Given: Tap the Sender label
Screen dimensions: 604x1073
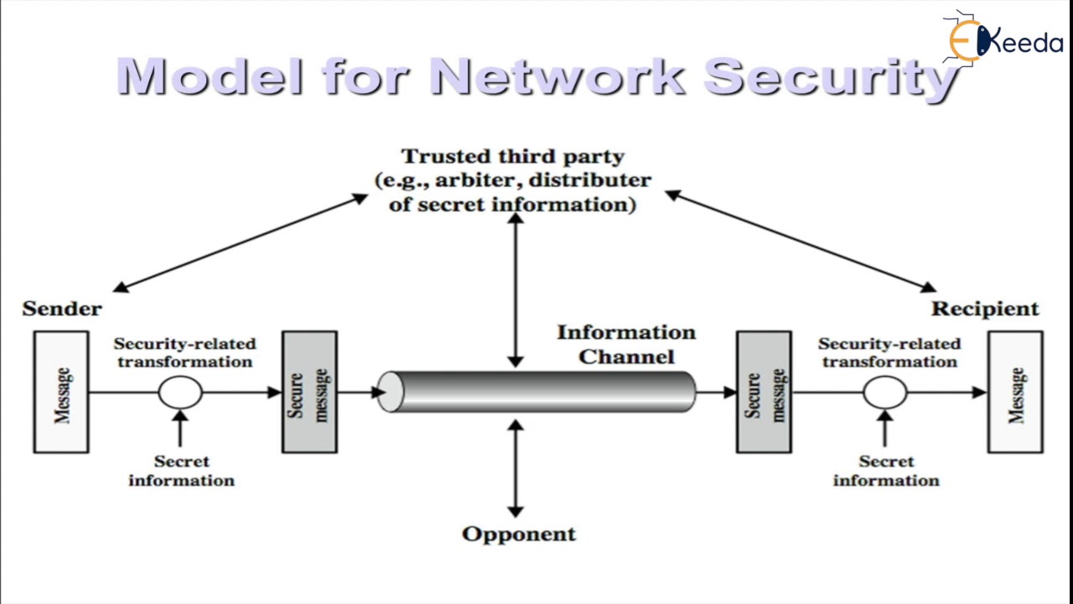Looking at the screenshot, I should pos(62,309).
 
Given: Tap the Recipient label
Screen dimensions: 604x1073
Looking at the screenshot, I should pos(985,309).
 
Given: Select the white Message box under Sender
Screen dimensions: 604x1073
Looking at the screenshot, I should pos(61,393).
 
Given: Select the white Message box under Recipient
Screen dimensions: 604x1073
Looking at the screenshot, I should pos(1015,393).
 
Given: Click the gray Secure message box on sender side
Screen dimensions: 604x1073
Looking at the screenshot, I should pos(309,393).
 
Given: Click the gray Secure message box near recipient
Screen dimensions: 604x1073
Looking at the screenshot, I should pos(764,393).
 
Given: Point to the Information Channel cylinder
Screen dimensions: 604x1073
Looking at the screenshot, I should pos(536,392).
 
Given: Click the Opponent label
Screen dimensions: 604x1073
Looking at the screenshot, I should pos(519,534).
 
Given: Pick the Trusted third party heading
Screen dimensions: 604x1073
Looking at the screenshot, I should pos(512,157).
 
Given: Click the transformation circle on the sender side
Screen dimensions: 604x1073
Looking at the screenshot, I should pos(180,392).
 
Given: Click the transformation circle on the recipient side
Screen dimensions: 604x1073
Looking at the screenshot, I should pos(885,392).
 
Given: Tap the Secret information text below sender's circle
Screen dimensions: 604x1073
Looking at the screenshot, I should pos(181,471).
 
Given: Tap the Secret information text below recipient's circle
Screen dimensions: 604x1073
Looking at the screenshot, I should pos(886,471).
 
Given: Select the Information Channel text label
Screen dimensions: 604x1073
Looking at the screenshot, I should pos(626,345).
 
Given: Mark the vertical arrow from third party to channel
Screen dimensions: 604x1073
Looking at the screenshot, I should pos(516,289).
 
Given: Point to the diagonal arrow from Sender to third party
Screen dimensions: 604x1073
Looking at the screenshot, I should pos(240,242).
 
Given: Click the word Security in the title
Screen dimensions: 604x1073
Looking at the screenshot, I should pos(830,76).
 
